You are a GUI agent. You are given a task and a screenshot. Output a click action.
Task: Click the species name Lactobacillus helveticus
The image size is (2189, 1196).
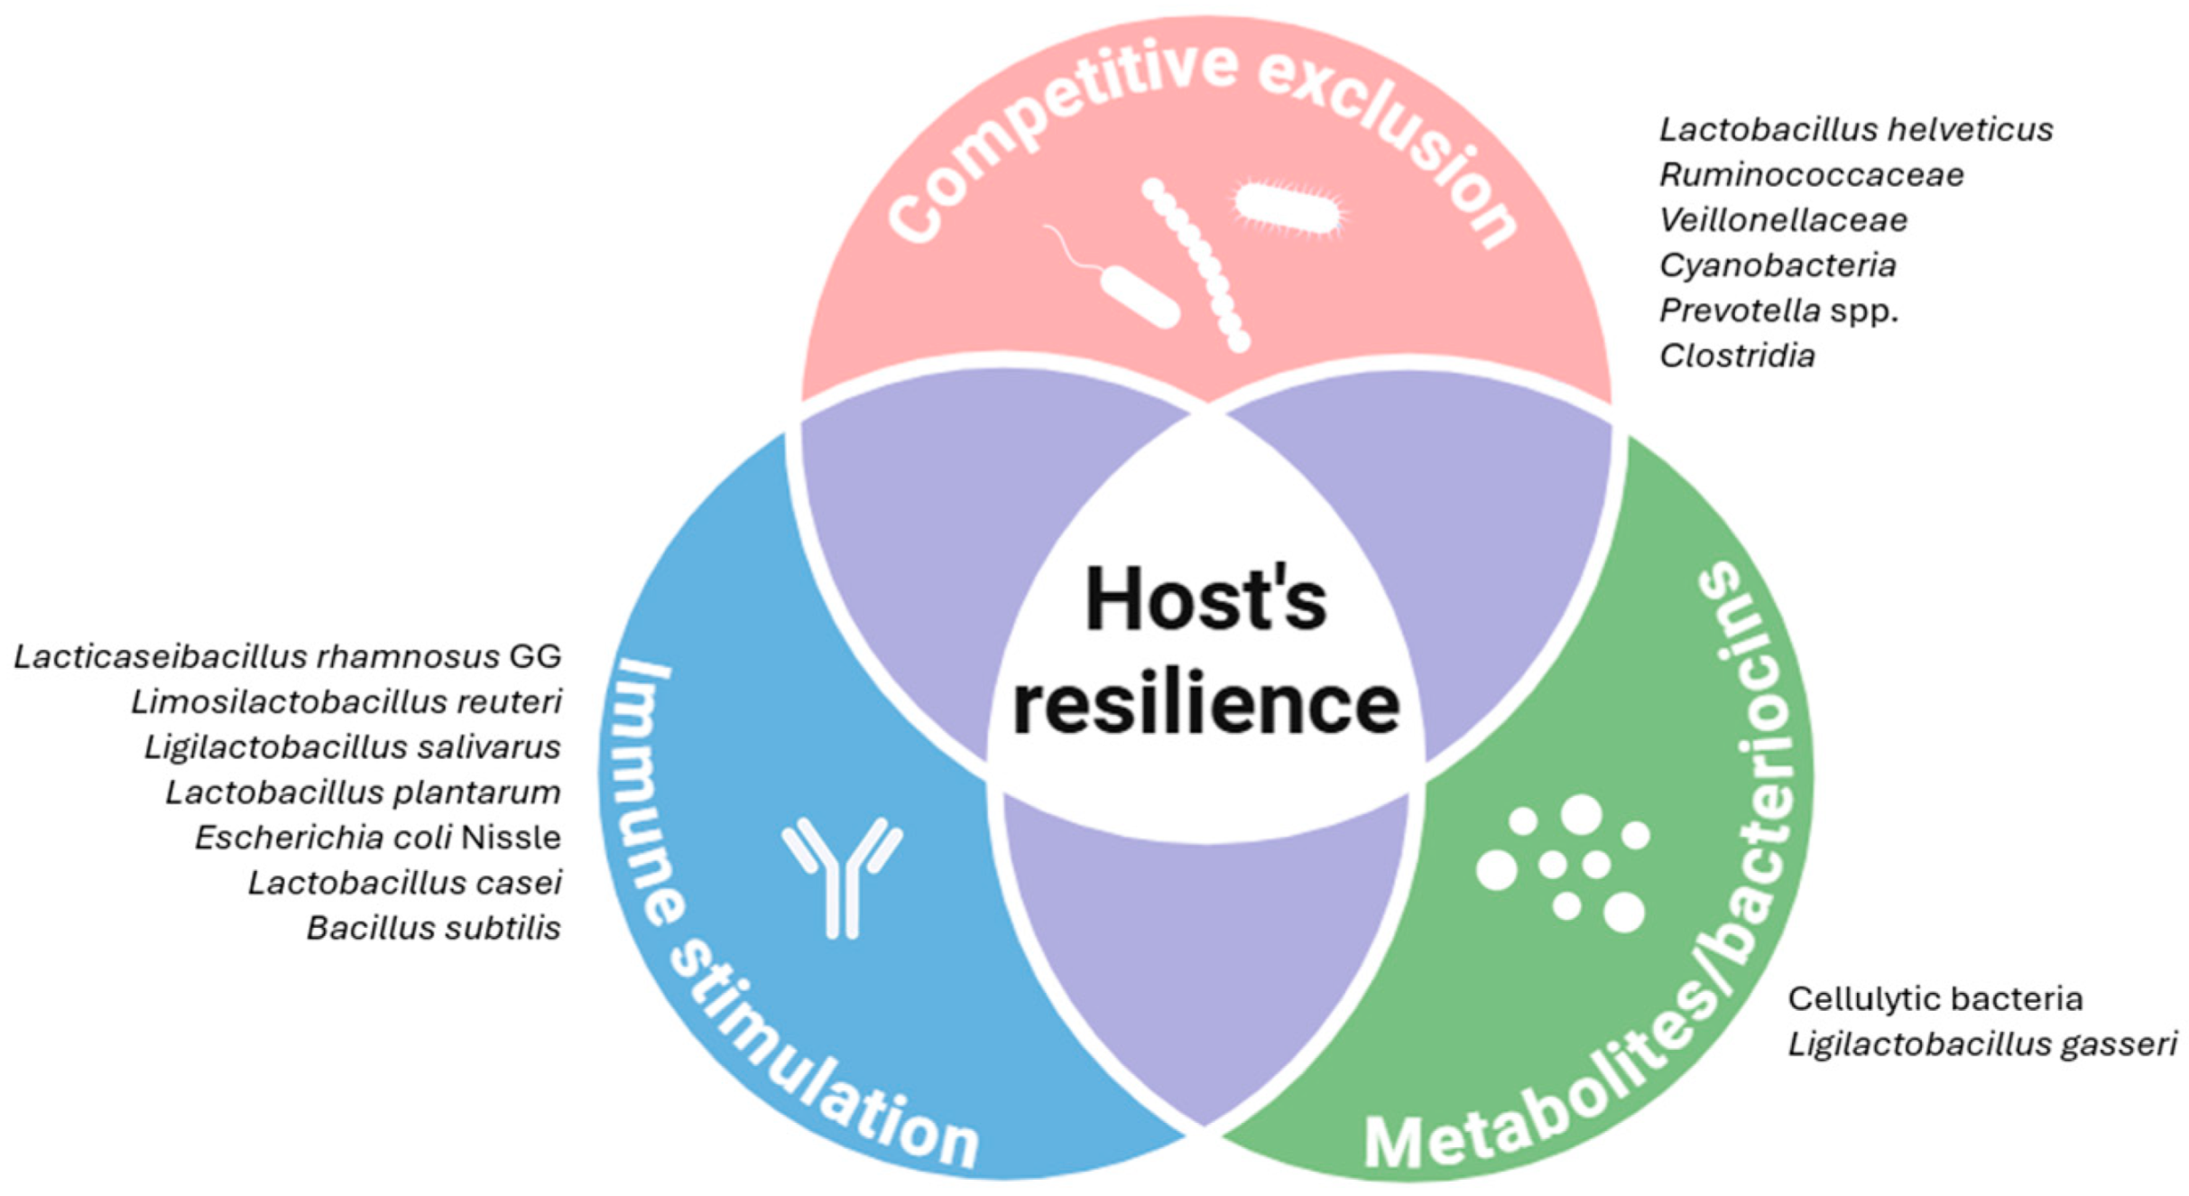pos(1855,130)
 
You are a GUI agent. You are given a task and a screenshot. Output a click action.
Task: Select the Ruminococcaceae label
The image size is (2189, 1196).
pos(1811,175)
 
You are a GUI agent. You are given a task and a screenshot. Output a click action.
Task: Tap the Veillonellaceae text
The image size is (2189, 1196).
pos(1783,220)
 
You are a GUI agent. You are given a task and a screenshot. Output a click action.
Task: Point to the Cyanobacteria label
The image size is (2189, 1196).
pos(1777,265)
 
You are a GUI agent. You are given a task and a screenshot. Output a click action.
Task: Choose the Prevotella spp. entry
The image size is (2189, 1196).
pos(1778,311)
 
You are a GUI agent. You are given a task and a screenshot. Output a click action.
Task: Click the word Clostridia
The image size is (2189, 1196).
pos(1737,356)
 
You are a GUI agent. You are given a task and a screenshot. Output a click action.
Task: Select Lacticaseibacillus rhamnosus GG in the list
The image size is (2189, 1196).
pos(288,656)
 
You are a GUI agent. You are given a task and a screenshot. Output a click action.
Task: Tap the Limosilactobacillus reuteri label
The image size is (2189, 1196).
pos(346,701)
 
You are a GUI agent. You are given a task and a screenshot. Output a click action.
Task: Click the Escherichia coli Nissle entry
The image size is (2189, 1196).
pos(378,838)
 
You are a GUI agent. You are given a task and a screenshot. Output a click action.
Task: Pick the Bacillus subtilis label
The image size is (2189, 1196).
pos(434,928)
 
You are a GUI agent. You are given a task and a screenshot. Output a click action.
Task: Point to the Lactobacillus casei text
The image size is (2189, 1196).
pos(405,883)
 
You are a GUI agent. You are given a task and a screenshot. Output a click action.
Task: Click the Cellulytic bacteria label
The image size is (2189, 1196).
pos(1935,998)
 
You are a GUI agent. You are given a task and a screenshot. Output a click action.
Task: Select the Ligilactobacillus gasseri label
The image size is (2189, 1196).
pos(1982,1044)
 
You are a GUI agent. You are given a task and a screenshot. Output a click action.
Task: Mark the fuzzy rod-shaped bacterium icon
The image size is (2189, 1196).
pos(1288,209)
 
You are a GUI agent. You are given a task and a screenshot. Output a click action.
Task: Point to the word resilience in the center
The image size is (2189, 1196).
pos(1205,703)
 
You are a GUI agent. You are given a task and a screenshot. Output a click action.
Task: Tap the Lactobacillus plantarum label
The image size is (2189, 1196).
pos(363,793)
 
